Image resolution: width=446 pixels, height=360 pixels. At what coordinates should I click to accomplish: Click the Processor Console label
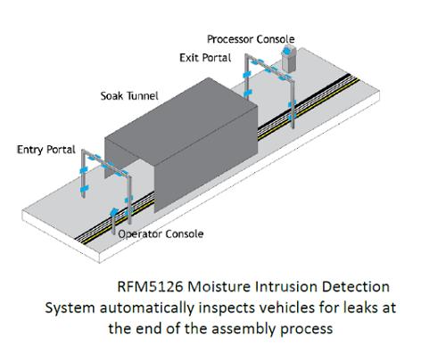tap(251, 39)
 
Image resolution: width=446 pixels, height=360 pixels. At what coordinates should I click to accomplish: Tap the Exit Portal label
tap(205, 58)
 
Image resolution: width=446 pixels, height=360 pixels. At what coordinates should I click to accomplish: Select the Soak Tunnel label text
tap(129, 96)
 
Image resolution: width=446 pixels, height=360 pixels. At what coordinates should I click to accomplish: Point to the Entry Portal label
tap(46, 150)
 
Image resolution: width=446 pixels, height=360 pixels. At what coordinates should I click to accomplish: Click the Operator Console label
tap(161, 234)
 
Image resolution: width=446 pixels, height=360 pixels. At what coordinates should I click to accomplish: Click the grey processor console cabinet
tap(288, 61)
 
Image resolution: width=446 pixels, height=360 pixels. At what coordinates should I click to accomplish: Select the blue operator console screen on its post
tap(113, 211)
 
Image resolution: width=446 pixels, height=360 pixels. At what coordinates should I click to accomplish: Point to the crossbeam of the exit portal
tap(269, 69)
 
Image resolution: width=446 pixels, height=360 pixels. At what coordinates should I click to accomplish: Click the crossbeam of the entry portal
tap(105, 163)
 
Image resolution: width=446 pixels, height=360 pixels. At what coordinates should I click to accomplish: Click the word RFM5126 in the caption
tap(150, 287)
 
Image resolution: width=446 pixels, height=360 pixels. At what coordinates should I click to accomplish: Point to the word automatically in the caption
tap(147, 308)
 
